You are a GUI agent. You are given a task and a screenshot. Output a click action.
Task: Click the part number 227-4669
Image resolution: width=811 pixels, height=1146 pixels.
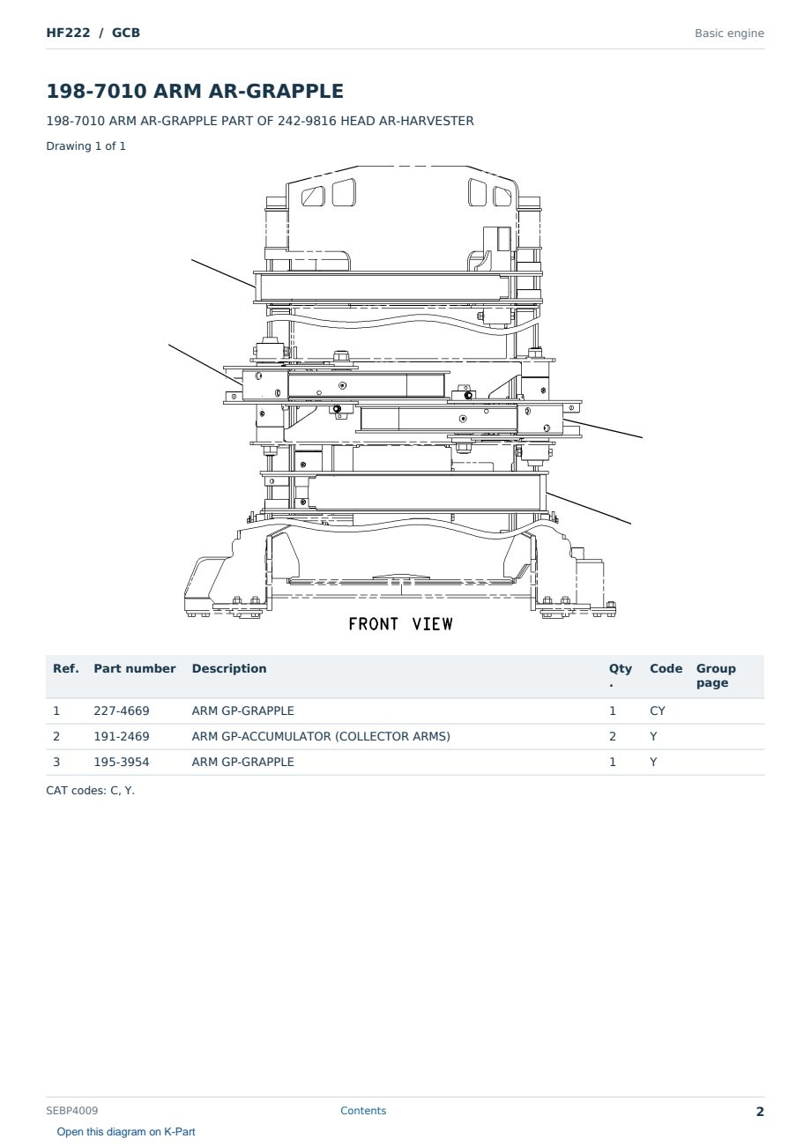122,711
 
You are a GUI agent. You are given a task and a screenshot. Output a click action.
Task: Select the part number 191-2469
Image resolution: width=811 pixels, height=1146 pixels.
122,736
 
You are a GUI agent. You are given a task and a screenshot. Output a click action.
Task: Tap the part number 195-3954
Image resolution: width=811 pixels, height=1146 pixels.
122,762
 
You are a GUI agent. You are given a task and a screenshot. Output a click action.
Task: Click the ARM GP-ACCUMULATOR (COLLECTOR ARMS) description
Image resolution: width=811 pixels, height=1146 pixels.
321,736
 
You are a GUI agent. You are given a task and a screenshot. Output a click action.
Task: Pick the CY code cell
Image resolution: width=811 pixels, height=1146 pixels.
657,711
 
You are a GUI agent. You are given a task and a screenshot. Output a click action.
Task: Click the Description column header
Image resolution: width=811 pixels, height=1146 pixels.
228,669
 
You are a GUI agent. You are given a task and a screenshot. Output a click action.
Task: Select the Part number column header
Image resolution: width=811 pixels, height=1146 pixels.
135,669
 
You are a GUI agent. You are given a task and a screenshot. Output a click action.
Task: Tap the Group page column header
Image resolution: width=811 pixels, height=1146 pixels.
716,676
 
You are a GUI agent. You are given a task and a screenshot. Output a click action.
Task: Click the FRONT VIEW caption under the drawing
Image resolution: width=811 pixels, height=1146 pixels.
400,624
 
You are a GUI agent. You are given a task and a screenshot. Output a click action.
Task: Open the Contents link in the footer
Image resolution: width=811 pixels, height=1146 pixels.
363,1111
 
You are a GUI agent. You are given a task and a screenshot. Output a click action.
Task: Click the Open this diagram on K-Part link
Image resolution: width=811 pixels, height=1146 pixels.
126,1132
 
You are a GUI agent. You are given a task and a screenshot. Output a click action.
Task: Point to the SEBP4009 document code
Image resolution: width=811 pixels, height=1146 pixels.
71,1111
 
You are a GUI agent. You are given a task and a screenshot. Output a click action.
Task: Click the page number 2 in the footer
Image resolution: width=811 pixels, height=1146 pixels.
760,1112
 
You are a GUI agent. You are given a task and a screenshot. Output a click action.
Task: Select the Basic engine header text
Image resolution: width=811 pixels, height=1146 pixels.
729,33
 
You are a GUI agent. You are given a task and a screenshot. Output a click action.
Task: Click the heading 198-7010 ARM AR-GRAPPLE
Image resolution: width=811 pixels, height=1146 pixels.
195,91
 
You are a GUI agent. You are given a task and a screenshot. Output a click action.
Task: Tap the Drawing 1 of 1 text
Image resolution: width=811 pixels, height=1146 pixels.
86,145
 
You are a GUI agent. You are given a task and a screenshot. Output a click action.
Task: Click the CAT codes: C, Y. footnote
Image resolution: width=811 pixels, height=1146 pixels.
90,791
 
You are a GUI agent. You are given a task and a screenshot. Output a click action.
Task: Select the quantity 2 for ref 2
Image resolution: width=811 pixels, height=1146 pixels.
613,736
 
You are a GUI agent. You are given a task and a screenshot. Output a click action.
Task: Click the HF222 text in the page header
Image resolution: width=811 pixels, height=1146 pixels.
68,33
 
